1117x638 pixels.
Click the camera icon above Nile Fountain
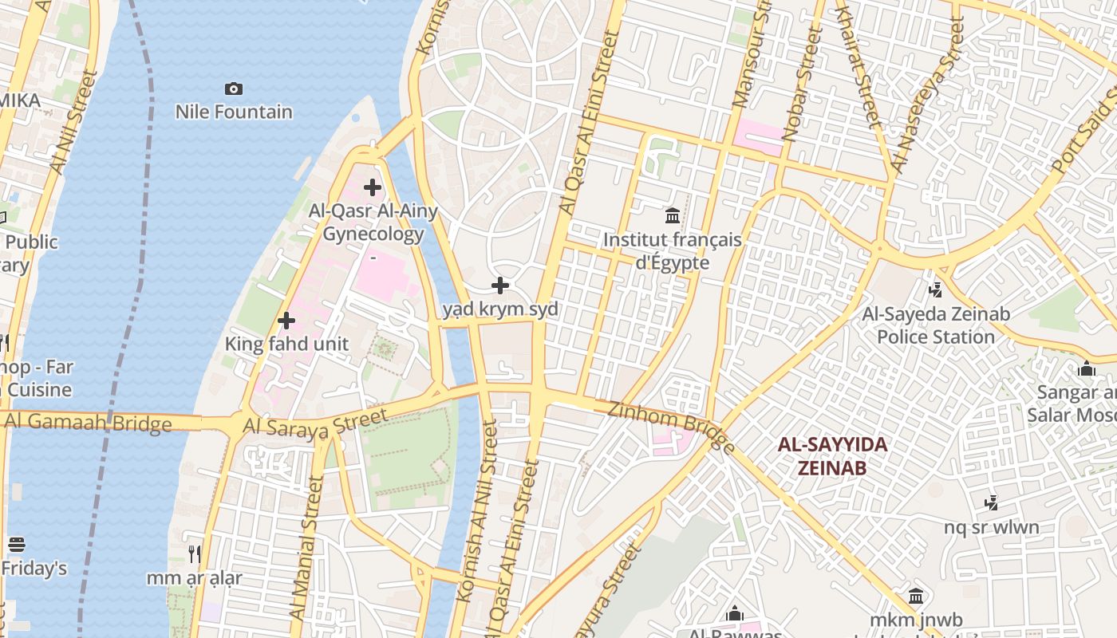[x=234, y=89]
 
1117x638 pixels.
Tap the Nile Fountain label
[x=234, y=112]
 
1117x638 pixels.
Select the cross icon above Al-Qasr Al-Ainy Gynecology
[x=373, y=187]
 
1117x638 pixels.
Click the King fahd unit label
[x=286, y=345]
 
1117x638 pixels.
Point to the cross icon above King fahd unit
[x=286, y=321]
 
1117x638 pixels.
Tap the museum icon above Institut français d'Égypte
[x=673, y=215]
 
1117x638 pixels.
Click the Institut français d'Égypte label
[x=673, y=250]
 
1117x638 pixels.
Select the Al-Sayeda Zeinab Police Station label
[x=936, y=325]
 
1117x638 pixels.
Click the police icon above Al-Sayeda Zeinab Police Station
[x=936, y=290]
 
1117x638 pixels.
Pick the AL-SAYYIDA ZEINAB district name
[x=832, y=456]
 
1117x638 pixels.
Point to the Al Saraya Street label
[x=316, y=423]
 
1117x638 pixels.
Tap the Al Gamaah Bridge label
[x=86, y=423]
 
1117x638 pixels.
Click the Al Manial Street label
[x=306, y=549]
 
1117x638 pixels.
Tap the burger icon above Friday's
[x=17, y=545]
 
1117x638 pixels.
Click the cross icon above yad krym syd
[x=500, y=285]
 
